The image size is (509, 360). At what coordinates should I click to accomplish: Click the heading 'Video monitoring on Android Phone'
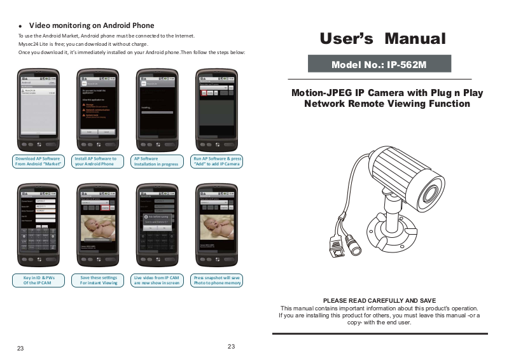click(x=92, y=25)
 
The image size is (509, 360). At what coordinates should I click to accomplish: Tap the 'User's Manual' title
click(x=382, y=38)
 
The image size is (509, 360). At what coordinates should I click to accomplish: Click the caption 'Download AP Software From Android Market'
click(x=38, y=161)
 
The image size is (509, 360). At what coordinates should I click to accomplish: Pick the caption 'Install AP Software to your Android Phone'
click(x=95, y=161)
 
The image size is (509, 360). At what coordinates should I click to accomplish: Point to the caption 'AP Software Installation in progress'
click(x=156, y=161)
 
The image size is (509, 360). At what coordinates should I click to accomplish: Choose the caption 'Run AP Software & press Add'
click(x=217, y=161)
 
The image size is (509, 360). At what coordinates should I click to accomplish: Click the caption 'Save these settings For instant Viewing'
click(x=99, y=280)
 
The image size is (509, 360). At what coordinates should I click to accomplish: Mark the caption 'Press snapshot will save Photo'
click(x=217, y=280)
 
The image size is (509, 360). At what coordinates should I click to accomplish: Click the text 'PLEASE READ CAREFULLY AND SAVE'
click(x=379, y=300)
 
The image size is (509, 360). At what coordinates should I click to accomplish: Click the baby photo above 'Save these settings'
click(x=97, y=226)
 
